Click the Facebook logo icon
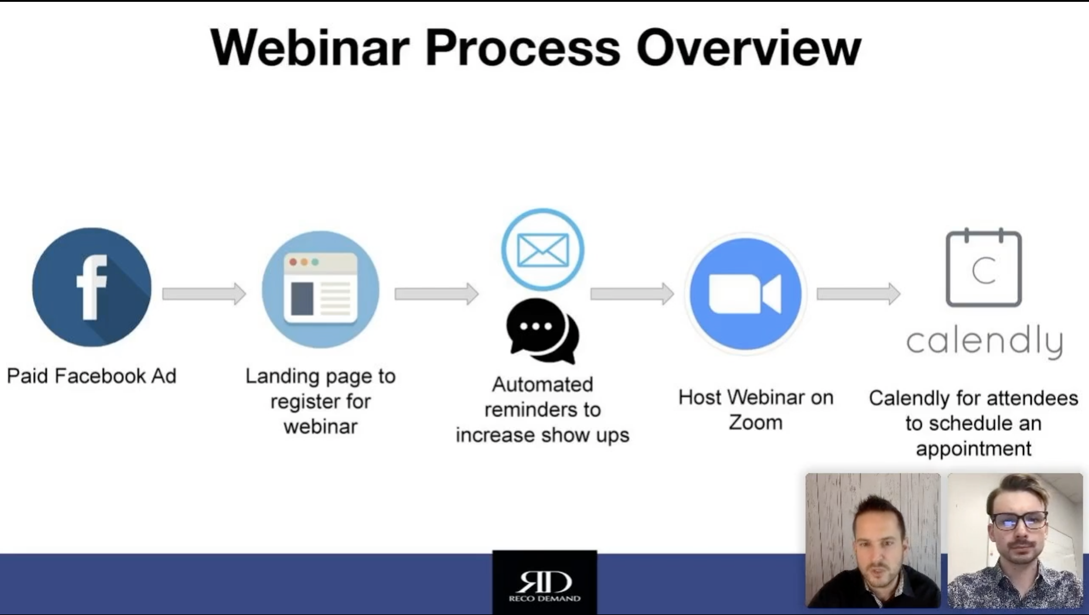point(92,287)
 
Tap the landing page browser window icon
point(320,290)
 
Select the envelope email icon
point(543,250)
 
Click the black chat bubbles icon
point(543,331)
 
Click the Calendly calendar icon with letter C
point(984,268)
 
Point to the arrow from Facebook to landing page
point(204,294)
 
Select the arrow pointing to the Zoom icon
point(632,294)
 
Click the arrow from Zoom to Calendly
point(859,294)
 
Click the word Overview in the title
point(749,47)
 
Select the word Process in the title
point(523,47)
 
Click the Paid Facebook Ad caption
point(92,376)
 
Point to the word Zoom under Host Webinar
point(756,422)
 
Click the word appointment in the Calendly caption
point(973,448)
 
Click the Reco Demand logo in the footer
point(544,582)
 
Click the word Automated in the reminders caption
point(543,384)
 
